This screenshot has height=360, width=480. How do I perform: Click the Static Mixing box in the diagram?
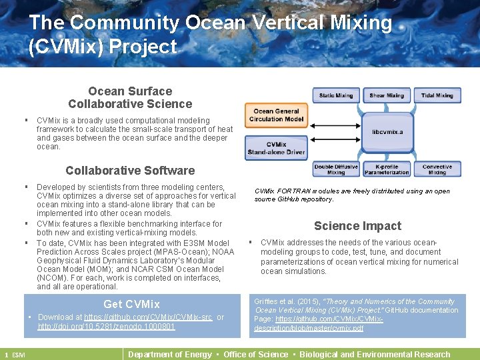point(336,95)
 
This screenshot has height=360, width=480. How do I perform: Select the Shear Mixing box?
point(387,95)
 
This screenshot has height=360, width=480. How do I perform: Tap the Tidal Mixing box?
point(437,95)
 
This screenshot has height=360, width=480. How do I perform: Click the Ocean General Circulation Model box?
point(276,115)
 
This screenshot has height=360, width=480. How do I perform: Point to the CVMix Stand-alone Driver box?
point(276,148)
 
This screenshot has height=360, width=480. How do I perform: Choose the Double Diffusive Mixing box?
point(336,169)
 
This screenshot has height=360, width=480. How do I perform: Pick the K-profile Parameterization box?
point(387,169)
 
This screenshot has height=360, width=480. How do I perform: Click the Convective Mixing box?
point(437,169)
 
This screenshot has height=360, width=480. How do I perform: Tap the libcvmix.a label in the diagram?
point(387,132)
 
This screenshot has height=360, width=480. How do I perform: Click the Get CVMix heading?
point(131,304)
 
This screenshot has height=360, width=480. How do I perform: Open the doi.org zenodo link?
point(106,327)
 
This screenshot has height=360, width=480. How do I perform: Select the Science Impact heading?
point(357,226)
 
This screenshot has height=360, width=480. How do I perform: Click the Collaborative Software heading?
point(130,171)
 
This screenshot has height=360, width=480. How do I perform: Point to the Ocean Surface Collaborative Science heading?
point(130,97)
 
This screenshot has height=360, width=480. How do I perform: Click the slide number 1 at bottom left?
point(5,355)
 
